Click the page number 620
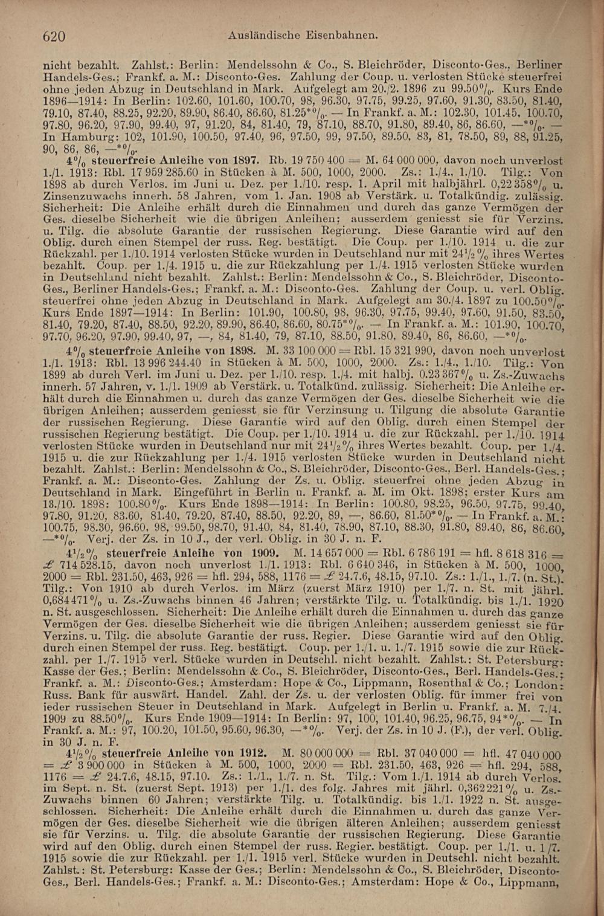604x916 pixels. click(x=54, y=37)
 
